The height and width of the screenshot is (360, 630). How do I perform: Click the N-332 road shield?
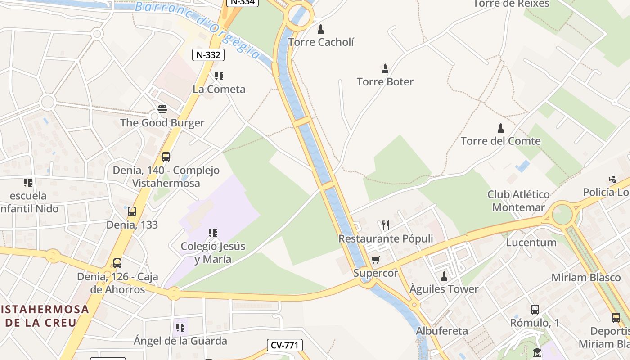tap(208, 55)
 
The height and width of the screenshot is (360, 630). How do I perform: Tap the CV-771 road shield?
tap(285, 345)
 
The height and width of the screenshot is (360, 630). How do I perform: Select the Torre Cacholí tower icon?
tap(321, 30)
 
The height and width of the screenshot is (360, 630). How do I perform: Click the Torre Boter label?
tap(385, 82)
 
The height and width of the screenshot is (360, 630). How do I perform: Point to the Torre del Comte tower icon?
tap(500, 128)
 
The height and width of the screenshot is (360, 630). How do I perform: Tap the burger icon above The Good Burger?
tap(162, 109)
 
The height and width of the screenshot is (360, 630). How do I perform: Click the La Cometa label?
tap(219, 89)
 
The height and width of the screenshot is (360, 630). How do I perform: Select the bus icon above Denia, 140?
tap(166, 157)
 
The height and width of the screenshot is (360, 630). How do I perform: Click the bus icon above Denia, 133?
tap(132, 211)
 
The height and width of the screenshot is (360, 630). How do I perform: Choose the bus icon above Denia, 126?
tap(117, 263)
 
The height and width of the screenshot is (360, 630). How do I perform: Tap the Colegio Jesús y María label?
tap(213, 253)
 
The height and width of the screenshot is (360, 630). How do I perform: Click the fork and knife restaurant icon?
tap(385, 225)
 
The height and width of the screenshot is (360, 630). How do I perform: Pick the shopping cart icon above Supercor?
tap(376, 260)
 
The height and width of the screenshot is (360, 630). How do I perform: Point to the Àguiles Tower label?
tap(444, 289)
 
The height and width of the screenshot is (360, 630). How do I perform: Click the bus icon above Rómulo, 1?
tap(535, 310)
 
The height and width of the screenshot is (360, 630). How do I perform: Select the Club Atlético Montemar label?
tap(518, 201)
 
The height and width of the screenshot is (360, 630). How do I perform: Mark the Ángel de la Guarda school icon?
tap(180, 328)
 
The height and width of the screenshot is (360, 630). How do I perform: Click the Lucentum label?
tap(531, 243)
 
